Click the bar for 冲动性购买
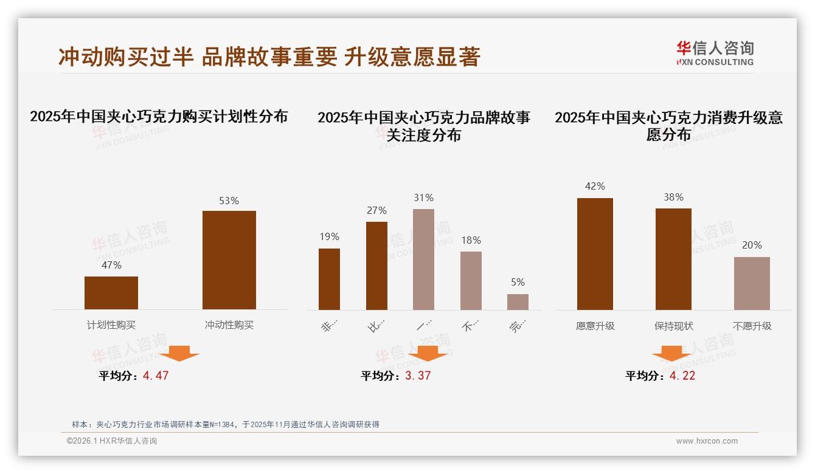pos(229,260)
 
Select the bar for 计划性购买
pos(111,293)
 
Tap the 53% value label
pos(229,201)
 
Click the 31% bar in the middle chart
pos(423,259)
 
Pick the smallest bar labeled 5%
pos(518,302)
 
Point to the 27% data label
pos(376,211)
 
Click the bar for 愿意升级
pos(595,254)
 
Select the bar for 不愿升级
pos(752,283)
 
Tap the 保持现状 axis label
pos(673,326)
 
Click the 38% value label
pos(673,197)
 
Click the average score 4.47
pos(156,376)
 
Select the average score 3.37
pos(418,376)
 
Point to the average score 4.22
pos(682,376)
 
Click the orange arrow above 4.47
pos(179,353)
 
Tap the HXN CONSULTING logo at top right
pos(715,53)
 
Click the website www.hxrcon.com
pos(707,441)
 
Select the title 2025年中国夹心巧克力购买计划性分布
pos(159,117)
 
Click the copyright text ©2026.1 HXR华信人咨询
pos(112,441)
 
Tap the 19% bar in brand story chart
pos(329,280)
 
